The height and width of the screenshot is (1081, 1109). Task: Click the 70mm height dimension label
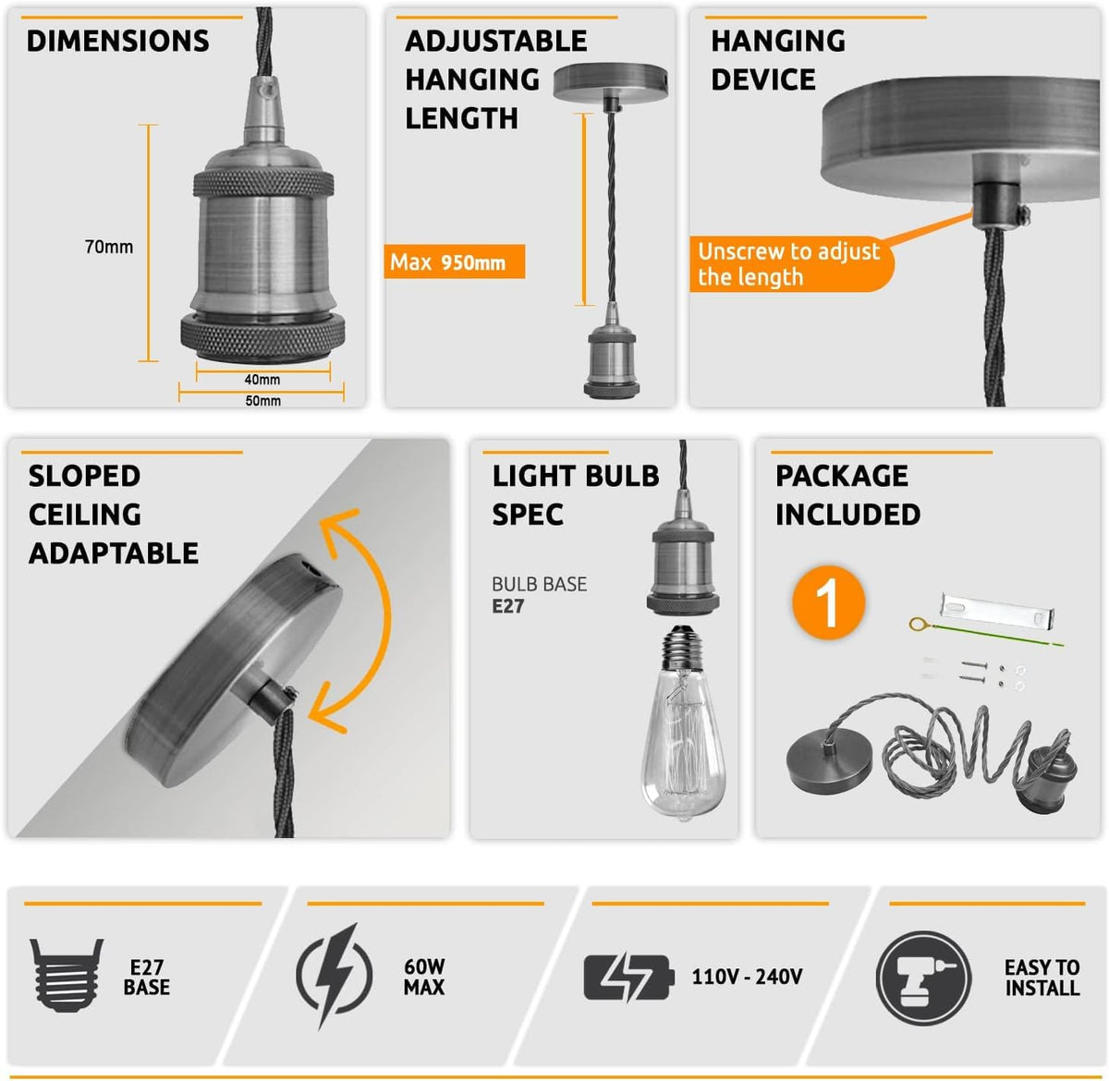pos(109,247)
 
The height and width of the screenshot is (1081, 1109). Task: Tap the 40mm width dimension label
pos(262,380)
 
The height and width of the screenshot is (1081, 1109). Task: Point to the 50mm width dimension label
pos(262,401)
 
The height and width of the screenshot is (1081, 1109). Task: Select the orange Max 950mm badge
pos(454,261)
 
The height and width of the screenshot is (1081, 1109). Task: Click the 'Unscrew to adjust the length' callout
pos(789,264)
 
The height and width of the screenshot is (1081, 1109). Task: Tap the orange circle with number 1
pos(829,602)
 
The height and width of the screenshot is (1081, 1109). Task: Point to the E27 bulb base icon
pos(67,975)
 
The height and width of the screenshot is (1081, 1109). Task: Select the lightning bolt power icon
pos(335,975)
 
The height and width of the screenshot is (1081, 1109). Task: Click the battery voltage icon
pos(629,977)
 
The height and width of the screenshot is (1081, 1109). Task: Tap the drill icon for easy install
pos(924,978)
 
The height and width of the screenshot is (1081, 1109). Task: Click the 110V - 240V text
pos(747,977)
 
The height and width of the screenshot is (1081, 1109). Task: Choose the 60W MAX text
pos(424,977)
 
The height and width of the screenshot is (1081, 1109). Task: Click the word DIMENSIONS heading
pos(118,41)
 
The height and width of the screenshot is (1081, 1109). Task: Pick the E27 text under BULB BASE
pos(507,606)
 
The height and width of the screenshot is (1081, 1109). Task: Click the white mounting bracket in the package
pos(997,610)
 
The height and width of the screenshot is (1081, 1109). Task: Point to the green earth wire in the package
pos(986,633)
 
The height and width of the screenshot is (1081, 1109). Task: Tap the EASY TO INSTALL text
pos(1042,978)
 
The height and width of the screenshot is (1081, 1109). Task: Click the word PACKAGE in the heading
pos(842,476)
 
